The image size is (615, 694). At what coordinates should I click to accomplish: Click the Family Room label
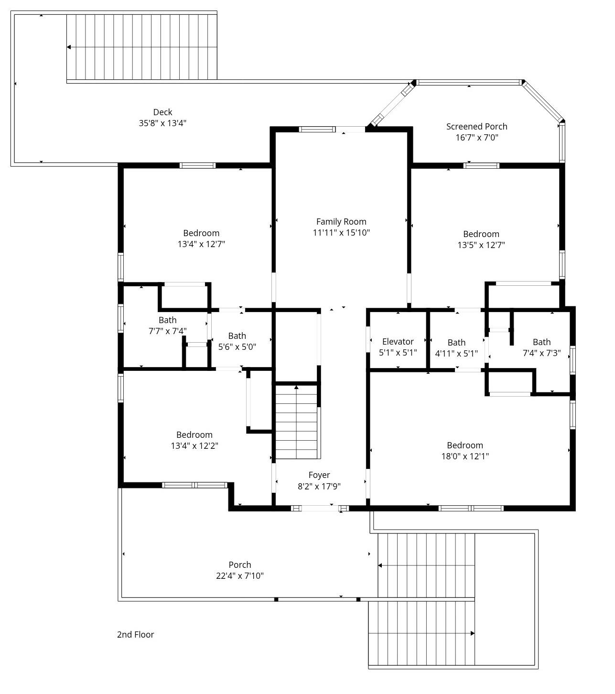tap(341, 222)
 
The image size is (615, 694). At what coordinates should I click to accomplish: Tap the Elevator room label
tap(398, 342)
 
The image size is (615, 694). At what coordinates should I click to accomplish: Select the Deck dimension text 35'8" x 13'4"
tap(162, 123)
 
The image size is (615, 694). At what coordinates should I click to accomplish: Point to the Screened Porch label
tap(476, 126)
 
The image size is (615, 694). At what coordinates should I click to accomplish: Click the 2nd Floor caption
tap(135, 634)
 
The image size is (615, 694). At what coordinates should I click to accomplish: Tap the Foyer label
tap(319, 475)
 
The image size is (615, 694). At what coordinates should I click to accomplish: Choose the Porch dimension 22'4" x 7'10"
tap(240, 575)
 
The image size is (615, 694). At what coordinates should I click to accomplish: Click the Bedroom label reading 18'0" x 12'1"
tap(464, 445)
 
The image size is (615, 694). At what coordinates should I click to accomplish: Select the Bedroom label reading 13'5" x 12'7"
tap(481, 234)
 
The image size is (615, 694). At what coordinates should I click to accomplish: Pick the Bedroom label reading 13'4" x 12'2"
tap(194, 434)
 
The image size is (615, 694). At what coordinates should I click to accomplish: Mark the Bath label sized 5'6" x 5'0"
tap(237, 336)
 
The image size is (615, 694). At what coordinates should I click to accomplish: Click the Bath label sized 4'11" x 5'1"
tap(456, 342)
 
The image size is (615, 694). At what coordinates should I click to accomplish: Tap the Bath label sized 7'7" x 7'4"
tap(167, 320)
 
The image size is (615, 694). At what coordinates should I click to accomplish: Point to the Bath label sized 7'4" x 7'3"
tap(541, 342)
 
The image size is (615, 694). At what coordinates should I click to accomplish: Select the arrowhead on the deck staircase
tap(69, 47)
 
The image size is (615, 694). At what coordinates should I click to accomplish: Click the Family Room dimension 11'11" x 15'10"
tap(341, 233)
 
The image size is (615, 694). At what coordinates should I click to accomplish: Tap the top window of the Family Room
tap(317, 129)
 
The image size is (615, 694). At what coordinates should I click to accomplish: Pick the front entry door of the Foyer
tap(320, 508)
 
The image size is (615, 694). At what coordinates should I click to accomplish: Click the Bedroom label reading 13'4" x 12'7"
tap(201, 233)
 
